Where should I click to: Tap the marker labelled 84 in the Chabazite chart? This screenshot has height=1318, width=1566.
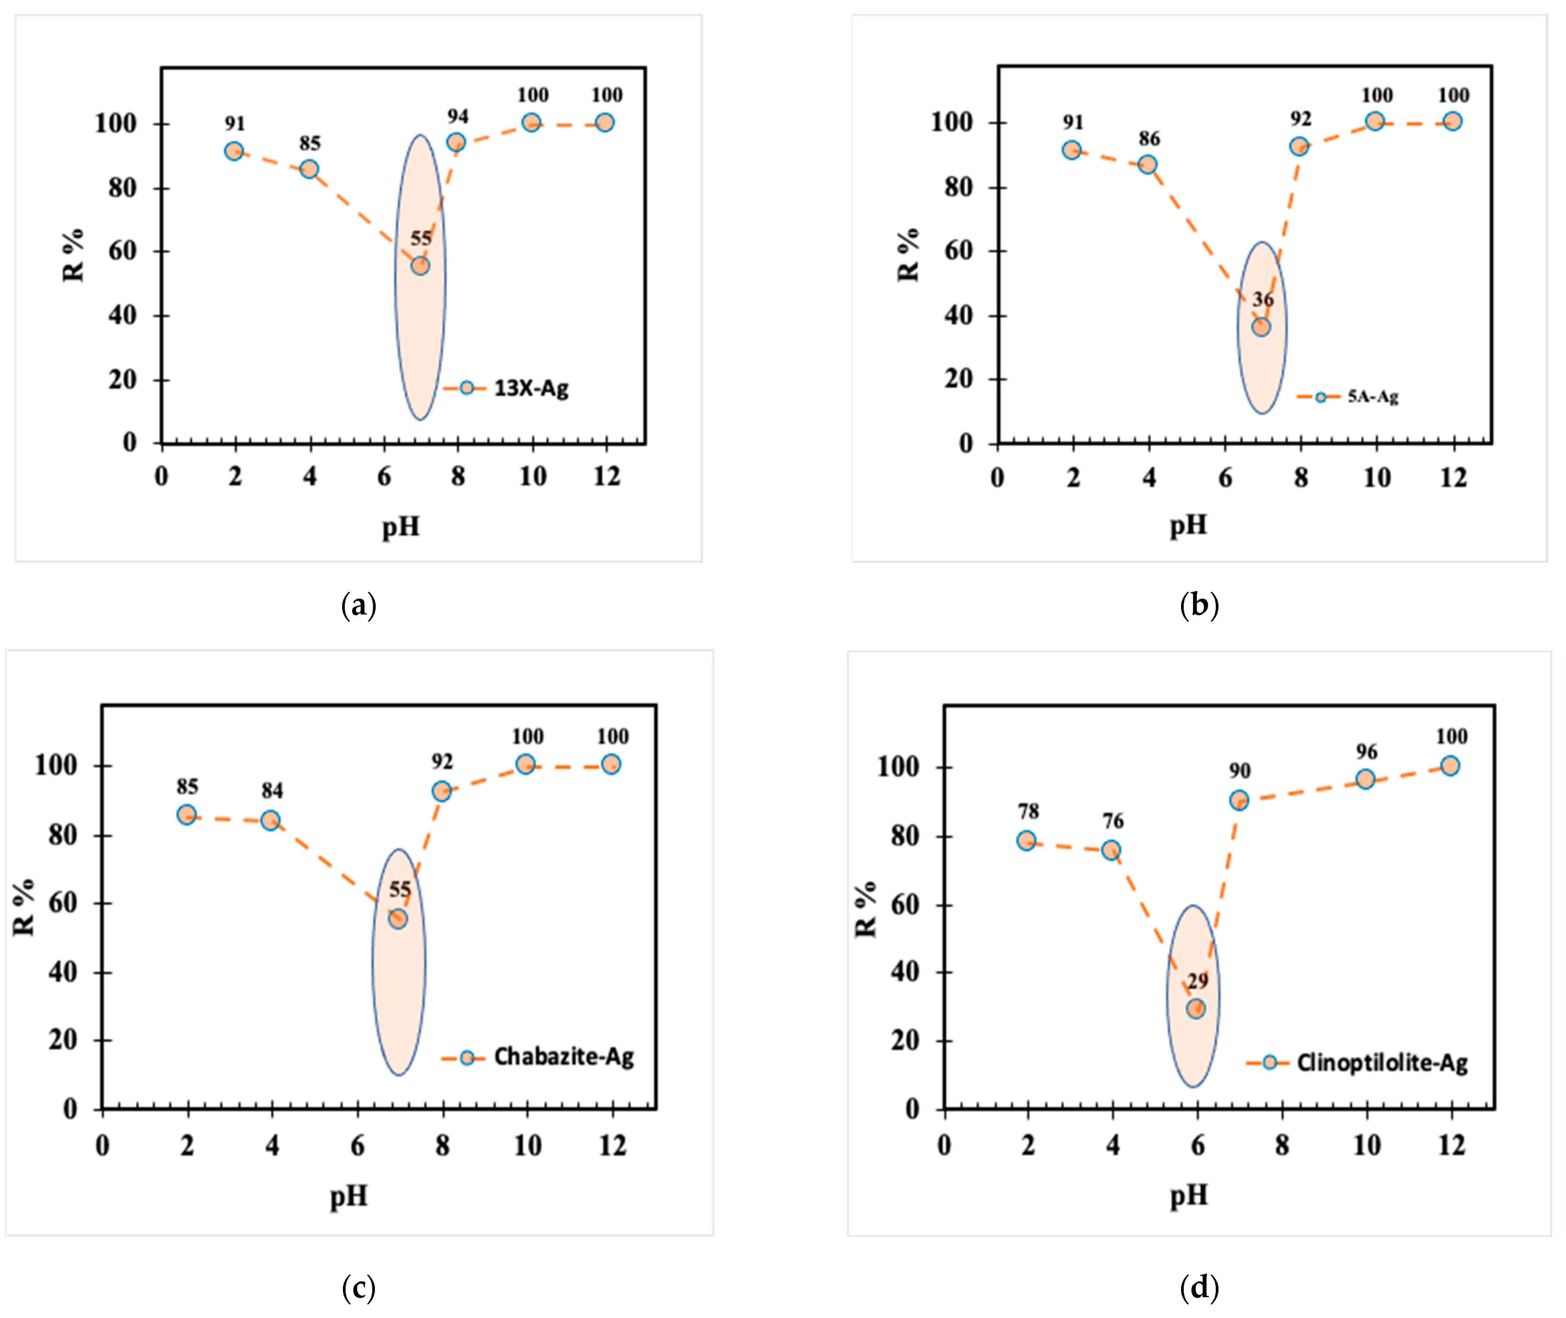[270, 820]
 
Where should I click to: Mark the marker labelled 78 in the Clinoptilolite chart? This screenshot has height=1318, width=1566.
[1026, 840]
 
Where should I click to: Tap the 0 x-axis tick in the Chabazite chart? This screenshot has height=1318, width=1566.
[102, 1146]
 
